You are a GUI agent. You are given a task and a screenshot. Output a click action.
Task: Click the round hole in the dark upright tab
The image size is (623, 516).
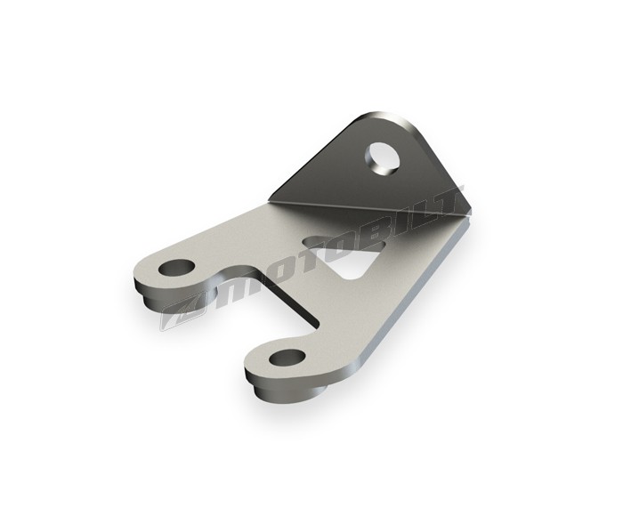(383, 157)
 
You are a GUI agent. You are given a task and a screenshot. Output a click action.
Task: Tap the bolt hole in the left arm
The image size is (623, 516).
(176, 267)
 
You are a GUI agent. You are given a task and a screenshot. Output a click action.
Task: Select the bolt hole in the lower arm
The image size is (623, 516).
(287, 357)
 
